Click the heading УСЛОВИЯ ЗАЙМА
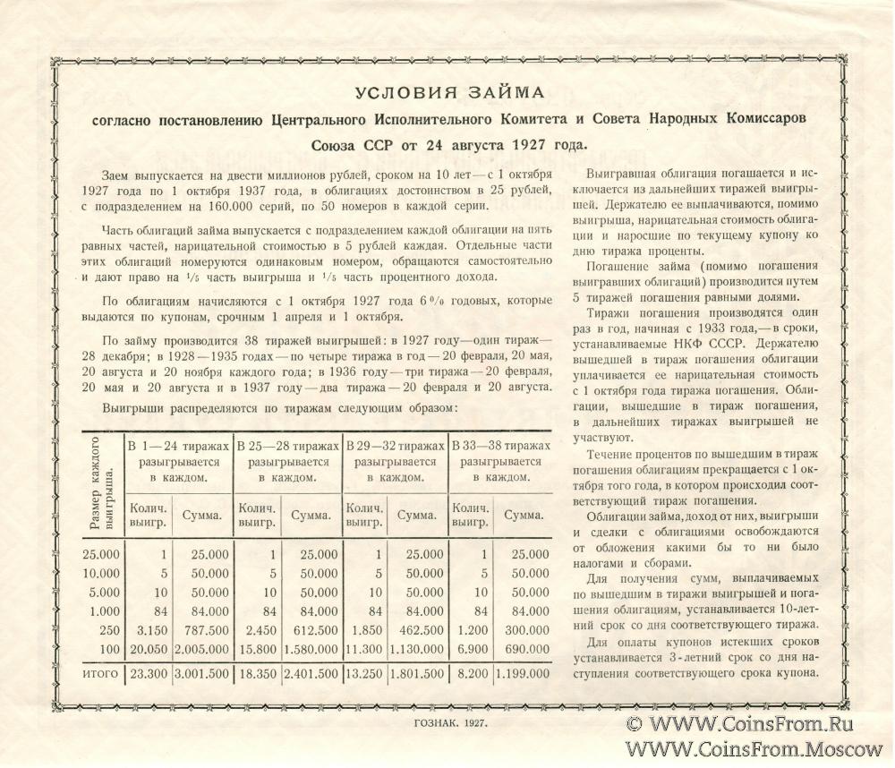pos(445,94)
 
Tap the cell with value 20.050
pos(148,647)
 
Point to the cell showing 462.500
pos(420,629)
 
